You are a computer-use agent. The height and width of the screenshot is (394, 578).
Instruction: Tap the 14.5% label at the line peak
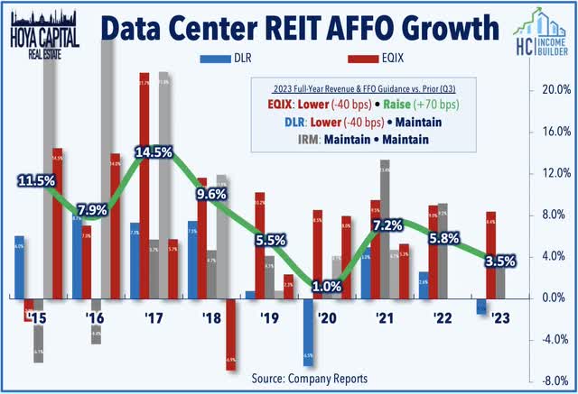[x=154, y=152]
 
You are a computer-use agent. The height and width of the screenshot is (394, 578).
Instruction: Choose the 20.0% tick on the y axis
[x=550, y=90]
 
